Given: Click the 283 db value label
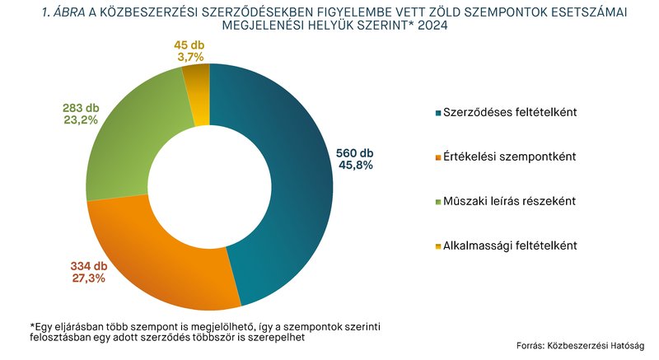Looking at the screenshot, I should pyautogui.click(x=80, y=106).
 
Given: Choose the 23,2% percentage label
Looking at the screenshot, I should pyautogui.click(x=80, y=119).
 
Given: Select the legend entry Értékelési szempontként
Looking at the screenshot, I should pyautogui.click(x=509, y=156).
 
